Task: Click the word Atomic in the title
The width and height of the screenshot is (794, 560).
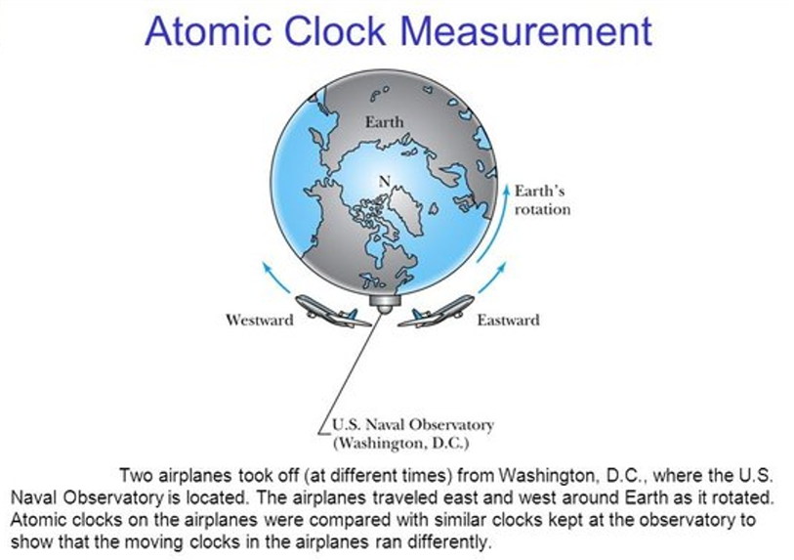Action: (x=208, y=31)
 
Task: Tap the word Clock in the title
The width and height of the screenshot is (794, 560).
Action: (x=335, y=31)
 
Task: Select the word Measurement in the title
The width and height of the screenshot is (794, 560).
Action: (x=525, y=31)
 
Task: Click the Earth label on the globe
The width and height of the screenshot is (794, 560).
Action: (x=385, y=122)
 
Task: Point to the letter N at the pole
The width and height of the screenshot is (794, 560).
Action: (x=385, y=181)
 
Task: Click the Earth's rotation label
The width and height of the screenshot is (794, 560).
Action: (x=542, y=200)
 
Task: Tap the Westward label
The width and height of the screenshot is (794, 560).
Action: (x=259, y=320)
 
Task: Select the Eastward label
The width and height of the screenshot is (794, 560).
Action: (x=508, y=320)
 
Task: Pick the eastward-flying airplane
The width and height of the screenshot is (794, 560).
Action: (x=437, y=310)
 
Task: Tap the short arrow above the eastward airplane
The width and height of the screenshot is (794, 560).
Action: (x=492, y=278)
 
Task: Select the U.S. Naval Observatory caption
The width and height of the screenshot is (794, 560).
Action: (x=413, y=425)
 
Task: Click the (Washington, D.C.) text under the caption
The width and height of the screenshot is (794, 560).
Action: (x=401, y=444)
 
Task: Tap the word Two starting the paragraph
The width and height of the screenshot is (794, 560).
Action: (x=136, y=476)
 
